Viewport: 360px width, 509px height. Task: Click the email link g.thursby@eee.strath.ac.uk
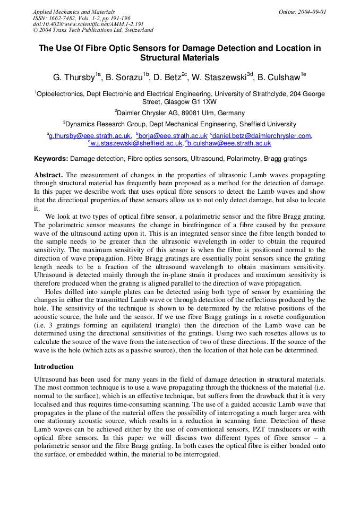click(90, 136)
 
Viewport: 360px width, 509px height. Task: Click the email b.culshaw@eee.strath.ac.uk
click(230, 143)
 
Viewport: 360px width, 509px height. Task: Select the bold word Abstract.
click(48, 175)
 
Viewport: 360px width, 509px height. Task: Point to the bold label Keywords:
click(51, 159)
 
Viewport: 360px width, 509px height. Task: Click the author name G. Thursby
click(74, 77)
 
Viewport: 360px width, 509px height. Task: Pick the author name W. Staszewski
click(218, 77)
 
